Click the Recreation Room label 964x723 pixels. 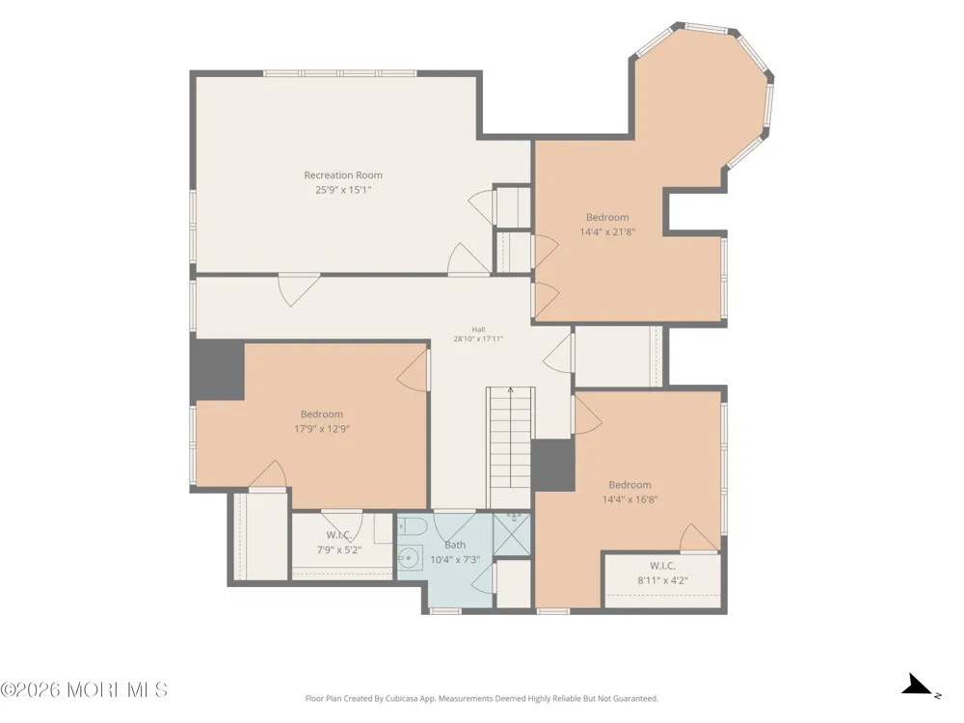click(x=343, y=175)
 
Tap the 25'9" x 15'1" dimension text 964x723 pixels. click(x=343, y=190)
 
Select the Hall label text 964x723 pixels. click(x=478, y=330)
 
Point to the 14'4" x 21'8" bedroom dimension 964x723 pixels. click(x=607, y=231)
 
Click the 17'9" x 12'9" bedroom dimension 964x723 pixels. click(x=322, y=429)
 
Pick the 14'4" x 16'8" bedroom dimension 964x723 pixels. click(x=630, y=499)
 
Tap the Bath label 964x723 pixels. click(x=455, y=545)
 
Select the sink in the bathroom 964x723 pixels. click(x=410, y=558)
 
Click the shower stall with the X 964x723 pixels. click(x=512, y=534)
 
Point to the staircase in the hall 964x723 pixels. click(x=510, y=447)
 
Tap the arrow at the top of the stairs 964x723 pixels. click(x=511, y=389)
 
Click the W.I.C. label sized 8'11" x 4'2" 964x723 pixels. click(x=663, y=566)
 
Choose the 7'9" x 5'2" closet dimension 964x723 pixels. click(x=339, y=550)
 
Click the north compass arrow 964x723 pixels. click(x=918, y=684)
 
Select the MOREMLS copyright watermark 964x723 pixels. click(x=84, y=690)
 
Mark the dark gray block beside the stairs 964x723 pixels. click(x=553, y=465)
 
